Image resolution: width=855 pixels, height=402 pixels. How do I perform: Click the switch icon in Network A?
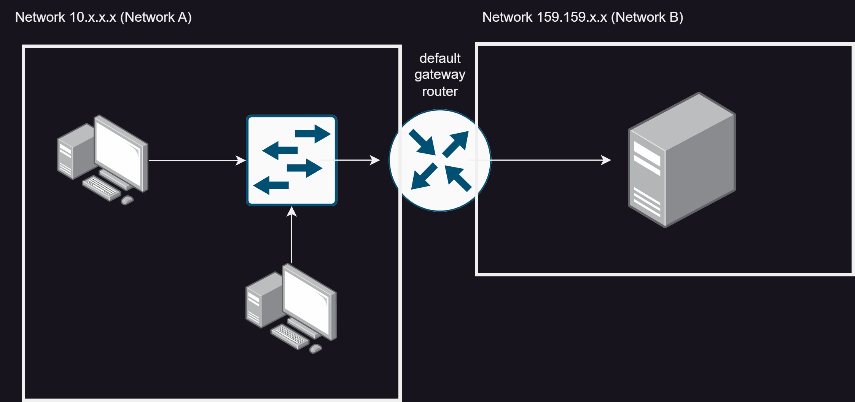point(291,160)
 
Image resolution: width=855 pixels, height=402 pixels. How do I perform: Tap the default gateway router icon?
point(440,160)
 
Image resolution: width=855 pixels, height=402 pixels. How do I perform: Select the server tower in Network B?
point(681,160)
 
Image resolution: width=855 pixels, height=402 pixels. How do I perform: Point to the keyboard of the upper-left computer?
point(102,188)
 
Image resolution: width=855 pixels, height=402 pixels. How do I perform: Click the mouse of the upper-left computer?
point(127,200)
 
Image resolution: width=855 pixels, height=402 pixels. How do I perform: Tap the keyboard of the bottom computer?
point(290,337)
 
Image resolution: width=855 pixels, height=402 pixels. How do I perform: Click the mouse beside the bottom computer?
point(315,348)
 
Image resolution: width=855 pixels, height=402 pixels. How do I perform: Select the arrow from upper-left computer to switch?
point(197,160)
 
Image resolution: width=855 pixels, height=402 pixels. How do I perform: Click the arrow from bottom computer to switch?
point(291,235)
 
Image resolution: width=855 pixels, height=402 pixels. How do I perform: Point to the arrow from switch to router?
point(350,160)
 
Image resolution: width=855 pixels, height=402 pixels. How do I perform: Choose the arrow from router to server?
point(540,160)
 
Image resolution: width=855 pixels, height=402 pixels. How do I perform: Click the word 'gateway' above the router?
point(440,75)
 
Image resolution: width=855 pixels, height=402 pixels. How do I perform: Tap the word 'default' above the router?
point(440,58)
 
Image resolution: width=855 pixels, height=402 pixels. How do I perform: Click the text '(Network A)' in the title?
point(156,17)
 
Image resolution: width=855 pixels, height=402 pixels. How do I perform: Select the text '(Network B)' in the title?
point(647,17)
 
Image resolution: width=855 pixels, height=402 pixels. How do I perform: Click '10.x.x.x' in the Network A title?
point(93,17)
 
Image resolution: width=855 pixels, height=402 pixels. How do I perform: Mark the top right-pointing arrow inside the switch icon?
point(313,134)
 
